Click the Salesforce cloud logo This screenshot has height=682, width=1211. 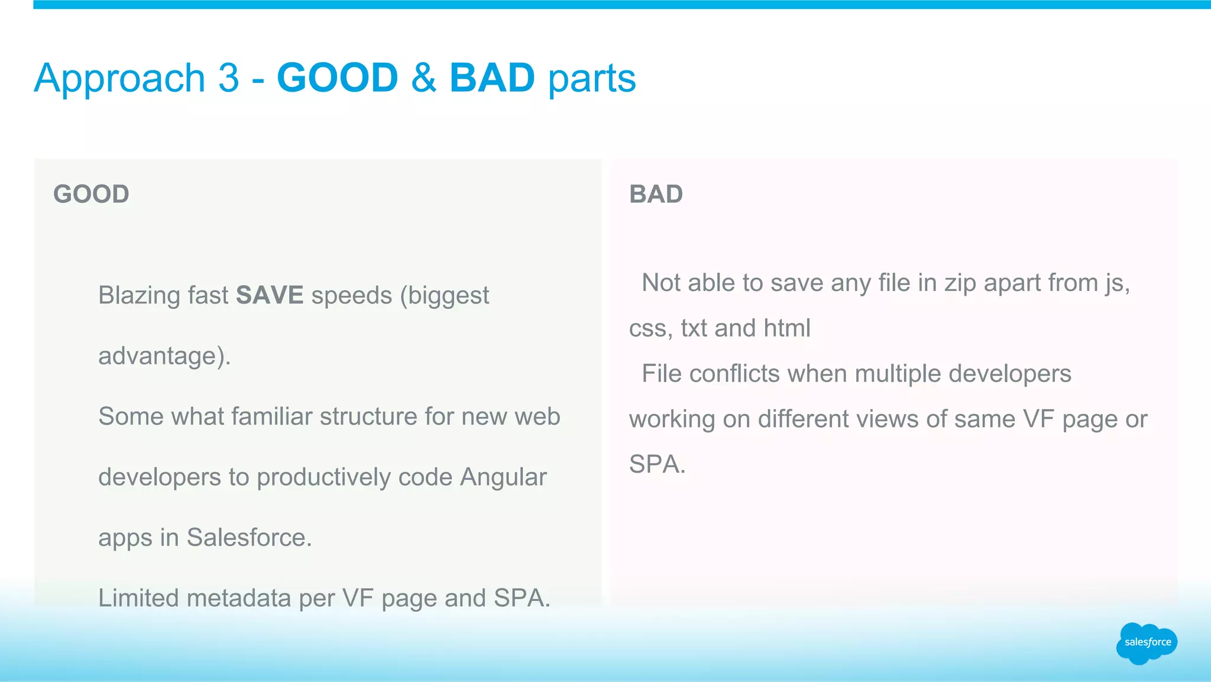[x=1147, y=643]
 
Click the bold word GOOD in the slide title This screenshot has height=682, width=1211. [x=337, y=77]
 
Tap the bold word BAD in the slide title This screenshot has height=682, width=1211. [x=492, y=77]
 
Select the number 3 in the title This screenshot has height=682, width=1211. [x=228, y=77]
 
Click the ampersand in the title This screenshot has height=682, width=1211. [x=423, y=77]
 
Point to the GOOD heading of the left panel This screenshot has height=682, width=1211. [x=91, y=194]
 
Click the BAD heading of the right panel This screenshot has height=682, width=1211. [x=656, y=194]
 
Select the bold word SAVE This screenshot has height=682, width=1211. [x=270, y=295]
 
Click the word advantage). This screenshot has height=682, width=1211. [x=164, y=356]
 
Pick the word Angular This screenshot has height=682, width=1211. [x=503, y=477]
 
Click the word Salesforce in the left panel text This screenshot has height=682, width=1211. [x=248, y=538]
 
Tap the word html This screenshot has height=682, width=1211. [x=786, y=328]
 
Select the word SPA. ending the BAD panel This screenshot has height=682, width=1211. [x=657, y=464]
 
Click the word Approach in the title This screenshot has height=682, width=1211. [x=119, y=79]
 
